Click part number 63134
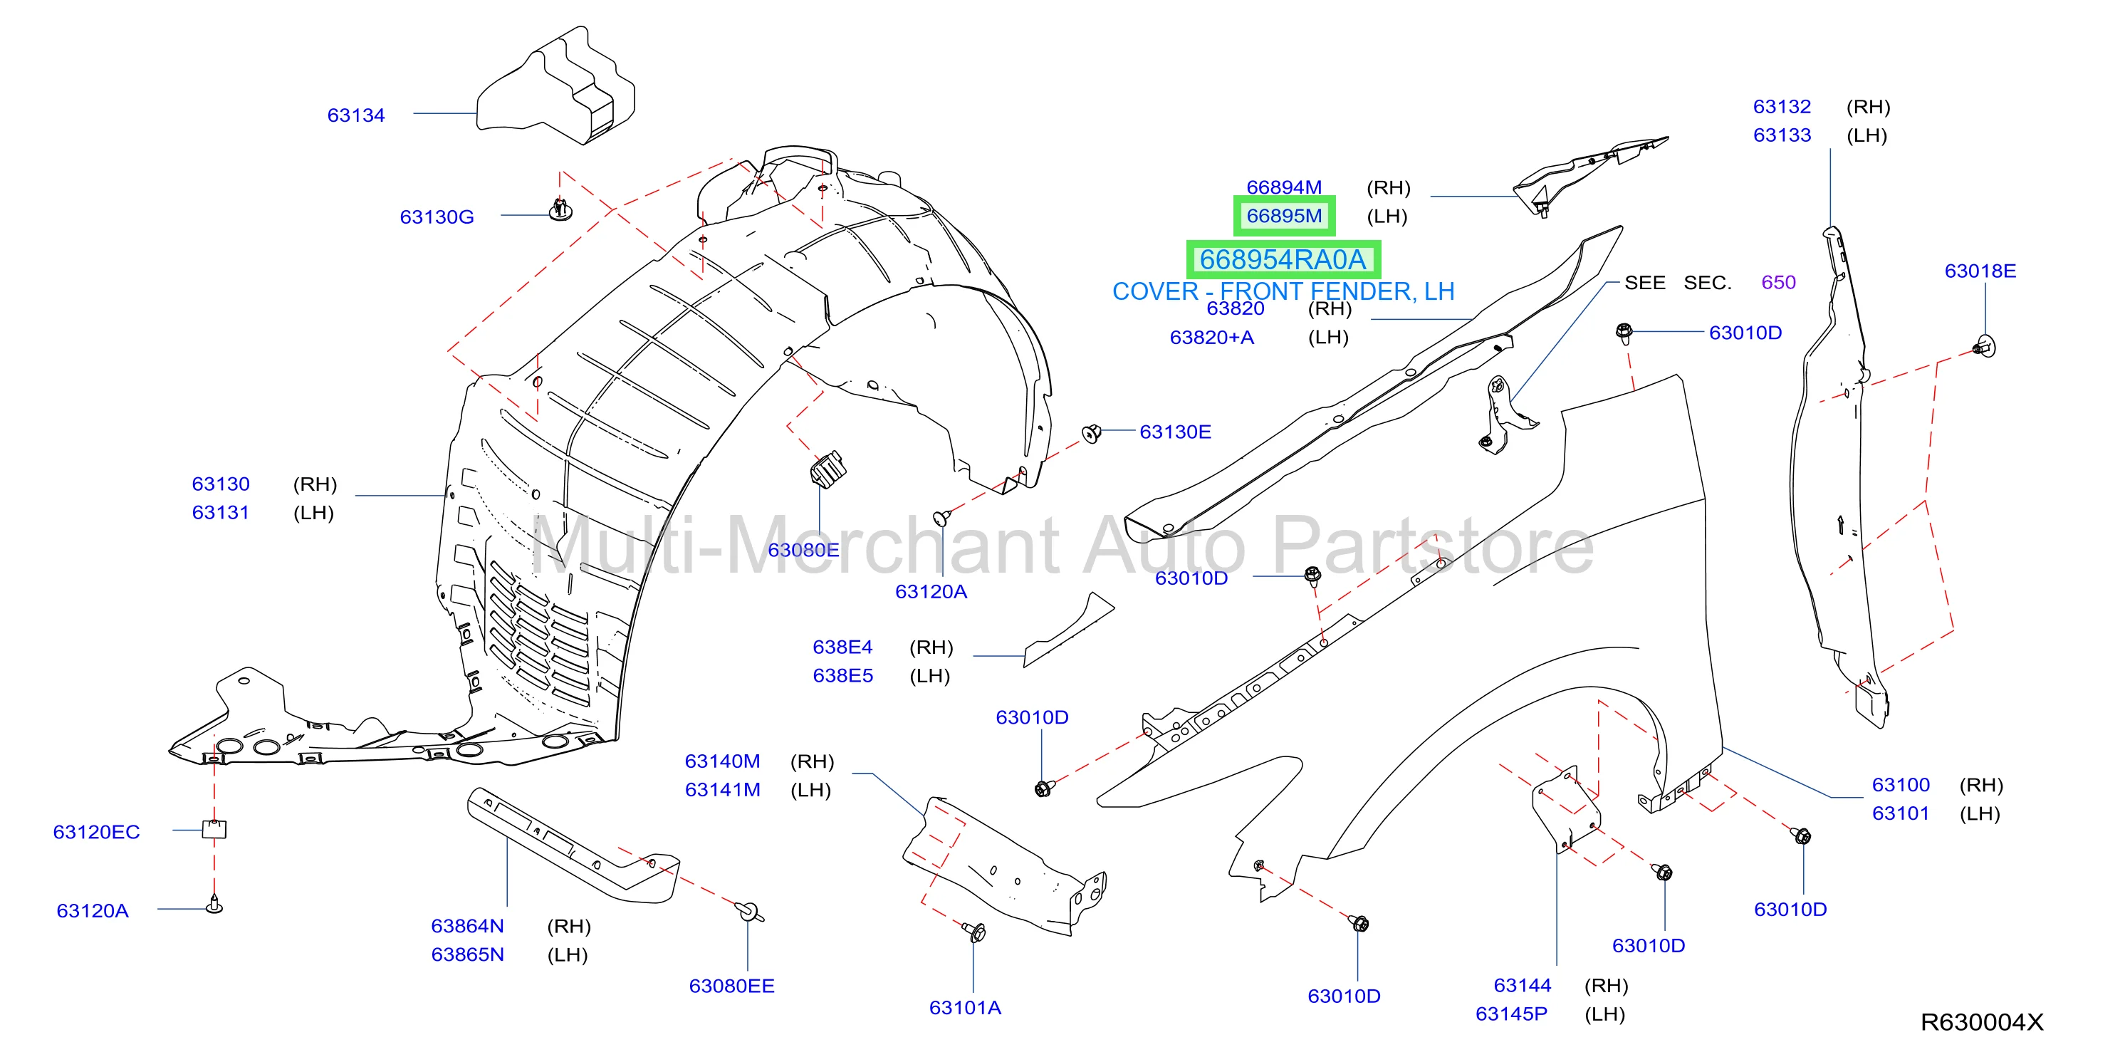coord(355,115)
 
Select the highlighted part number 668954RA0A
coord(1283,260)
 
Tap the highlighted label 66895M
coord(1283,217)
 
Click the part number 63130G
coord(437,217)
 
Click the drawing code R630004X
coord(1981,1022)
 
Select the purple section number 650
coord(1778,282)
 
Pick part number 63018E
coord(1980,271)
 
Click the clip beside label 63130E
coord(1092,433)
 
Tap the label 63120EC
coord(97,832)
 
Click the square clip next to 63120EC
coord(214,828)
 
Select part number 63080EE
coord(731,986)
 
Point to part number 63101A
coord(965,1007)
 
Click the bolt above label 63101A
coord(975,932)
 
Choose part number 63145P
coord(1511,1014)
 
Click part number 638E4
coord(842,647)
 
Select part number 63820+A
coord(1212,338)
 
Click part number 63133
coord(1782,135)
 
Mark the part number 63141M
coord(723,790)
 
